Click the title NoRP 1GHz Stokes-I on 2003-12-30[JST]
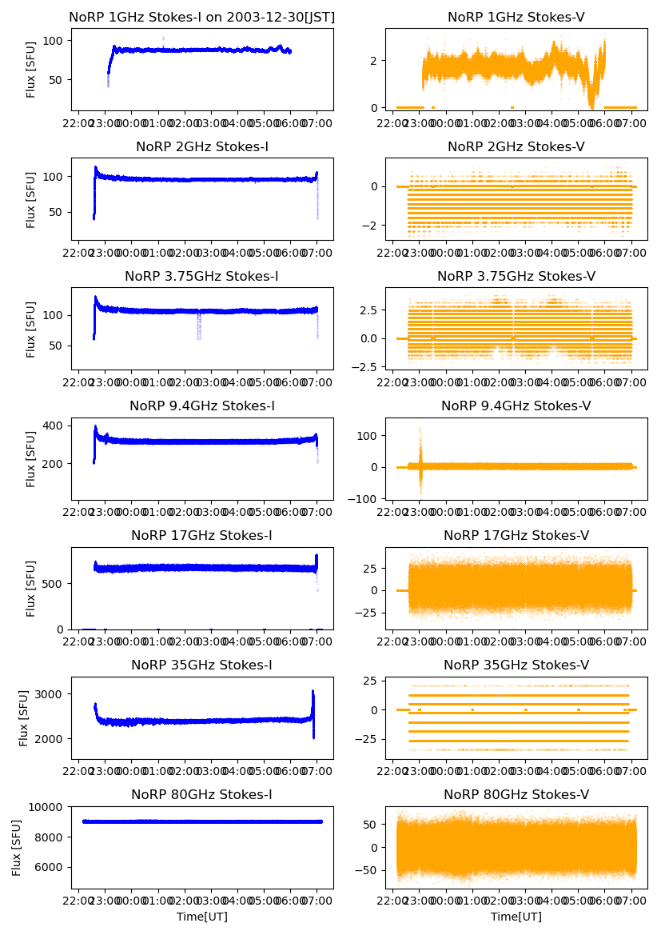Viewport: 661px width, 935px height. (x=202, y=17)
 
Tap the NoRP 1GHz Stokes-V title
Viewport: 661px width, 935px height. (x=516, y=17)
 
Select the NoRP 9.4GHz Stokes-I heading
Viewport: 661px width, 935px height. (x=202, y=406)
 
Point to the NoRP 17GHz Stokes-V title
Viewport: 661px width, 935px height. (x=516, y=536)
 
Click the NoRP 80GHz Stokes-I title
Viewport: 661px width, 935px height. (x=202, y=795)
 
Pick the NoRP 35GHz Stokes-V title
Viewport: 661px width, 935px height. (x=516, y=665)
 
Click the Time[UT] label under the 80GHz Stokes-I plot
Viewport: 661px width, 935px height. (x=202, y=917)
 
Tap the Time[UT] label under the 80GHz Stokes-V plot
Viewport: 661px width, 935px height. (x=516, y=917)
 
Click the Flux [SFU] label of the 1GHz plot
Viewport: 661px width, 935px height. (x=31, y=70)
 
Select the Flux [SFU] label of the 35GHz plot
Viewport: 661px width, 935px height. (x=25, y=717)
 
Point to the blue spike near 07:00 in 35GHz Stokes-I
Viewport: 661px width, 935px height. (x=313, y=704)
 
